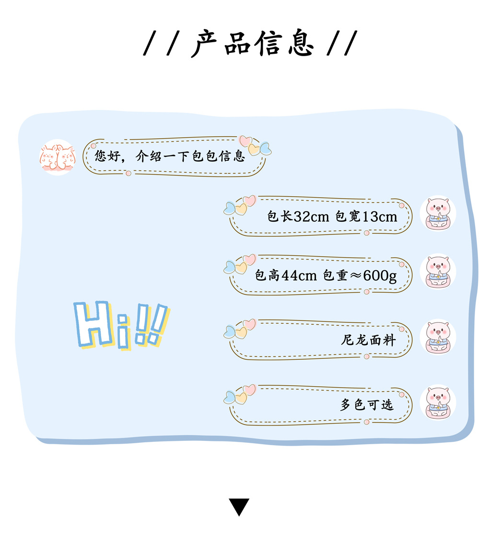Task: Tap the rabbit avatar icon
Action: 58,157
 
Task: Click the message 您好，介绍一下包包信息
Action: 170,156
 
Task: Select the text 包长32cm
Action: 298,216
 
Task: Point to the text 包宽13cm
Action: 366,216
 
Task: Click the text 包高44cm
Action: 286,275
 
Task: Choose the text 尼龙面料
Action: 368,340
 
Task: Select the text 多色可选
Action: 367,404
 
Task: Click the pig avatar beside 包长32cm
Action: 437,213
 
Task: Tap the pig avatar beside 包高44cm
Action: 437,272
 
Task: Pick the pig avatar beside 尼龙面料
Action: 437,337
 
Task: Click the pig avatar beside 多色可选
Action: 437,402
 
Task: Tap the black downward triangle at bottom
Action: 239,507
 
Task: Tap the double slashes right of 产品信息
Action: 342,44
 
